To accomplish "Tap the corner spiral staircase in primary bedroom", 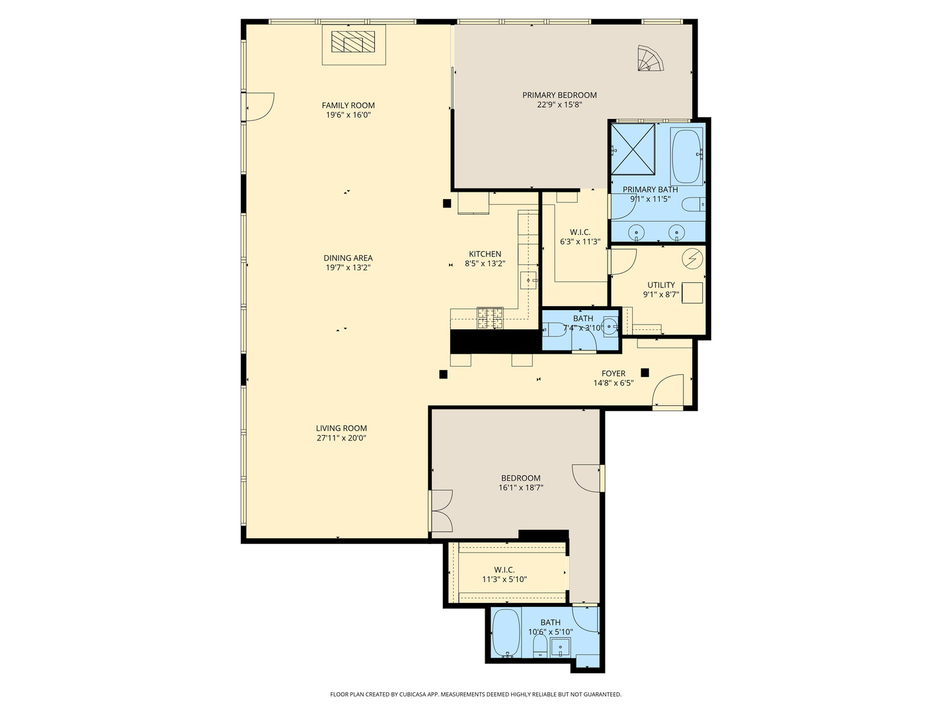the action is pos(651,58).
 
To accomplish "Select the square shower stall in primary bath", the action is pos(633,149).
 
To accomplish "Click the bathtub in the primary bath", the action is pos(687,157).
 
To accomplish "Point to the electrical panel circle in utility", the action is pos(692,258).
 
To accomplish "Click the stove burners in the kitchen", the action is pos(490,318).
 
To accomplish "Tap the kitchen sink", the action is pos(528,280).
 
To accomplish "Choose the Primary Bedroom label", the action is pos(559,95).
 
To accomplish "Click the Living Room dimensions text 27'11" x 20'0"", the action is pos(341,438).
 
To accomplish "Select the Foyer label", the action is pos(614,374).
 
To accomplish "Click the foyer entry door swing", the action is pos(668,391).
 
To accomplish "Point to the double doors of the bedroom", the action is pos(441,510).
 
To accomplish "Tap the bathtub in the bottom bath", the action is pos(506,633).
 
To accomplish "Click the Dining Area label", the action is pos(348,258).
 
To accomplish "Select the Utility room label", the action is pos(661,285).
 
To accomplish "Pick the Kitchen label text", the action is pos(485,254).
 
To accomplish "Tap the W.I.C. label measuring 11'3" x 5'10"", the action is pos(504,575).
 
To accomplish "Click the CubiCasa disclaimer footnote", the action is pos(476,694).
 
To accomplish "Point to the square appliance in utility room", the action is pos(692,293).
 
